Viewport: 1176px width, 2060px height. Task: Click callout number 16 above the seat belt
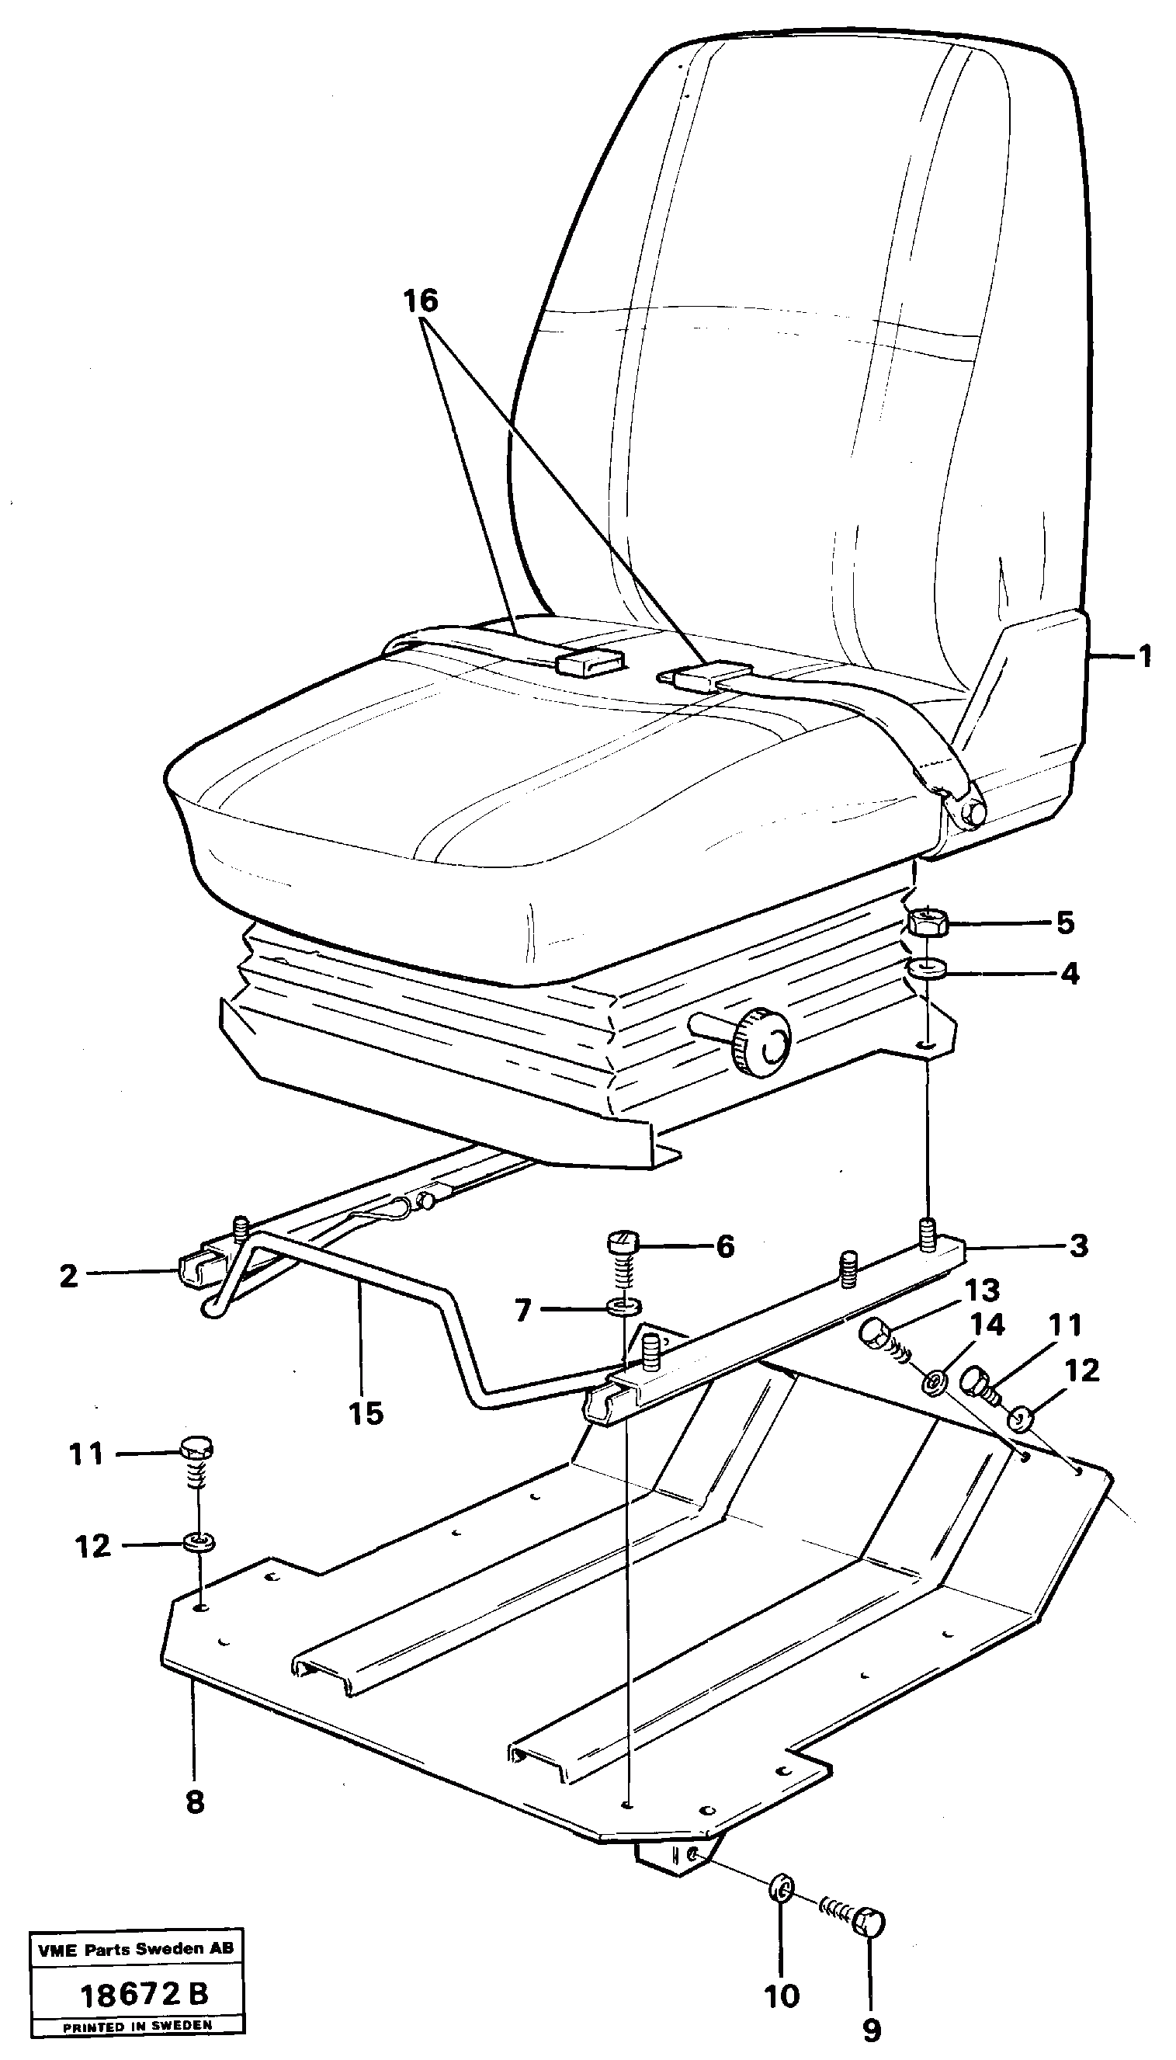tap(420, 301)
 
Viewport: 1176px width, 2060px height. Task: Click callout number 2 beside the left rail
tap(68, 1277)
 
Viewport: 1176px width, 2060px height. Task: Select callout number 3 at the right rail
tap(1079, 1245)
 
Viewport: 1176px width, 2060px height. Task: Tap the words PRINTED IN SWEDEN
tap(137, 2026)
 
